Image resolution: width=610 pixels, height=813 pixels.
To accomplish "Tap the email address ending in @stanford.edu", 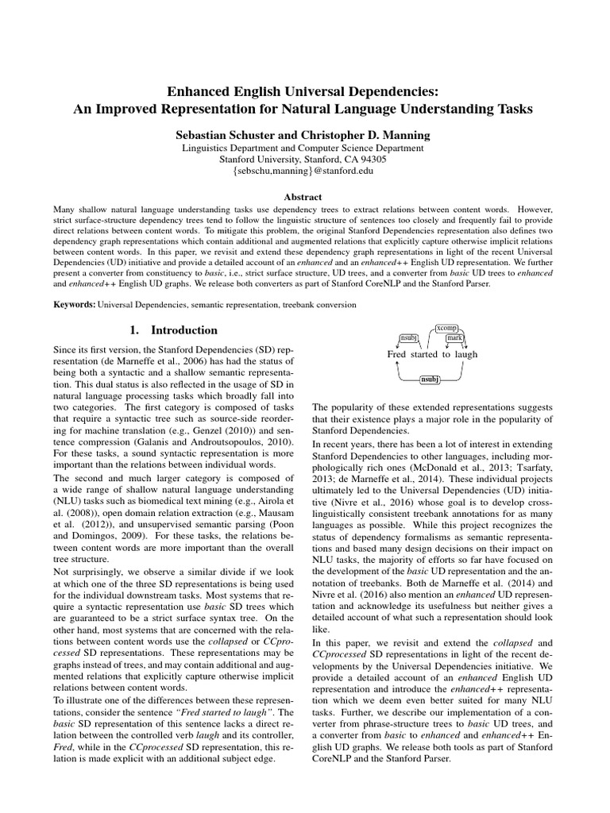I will click(304, 170).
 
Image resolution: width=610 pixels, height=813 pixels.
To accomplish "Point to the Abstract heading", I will click(304, 197).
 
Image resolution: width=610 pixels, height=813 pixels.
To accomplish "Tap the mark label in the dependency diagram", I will click(454, 338).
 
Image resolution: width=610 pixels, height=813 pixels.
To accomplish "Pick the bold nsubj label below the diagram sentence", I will click(430, 380).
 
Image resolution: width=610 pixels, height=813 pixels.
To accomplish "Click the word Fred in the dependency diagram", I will click(396, 354).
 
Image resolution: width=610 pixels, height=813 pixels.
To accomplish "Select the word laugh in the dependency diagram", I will click(465, 354).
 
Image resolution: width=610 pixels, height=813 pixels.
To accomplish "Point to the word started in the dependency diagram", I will click(424, 354).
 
